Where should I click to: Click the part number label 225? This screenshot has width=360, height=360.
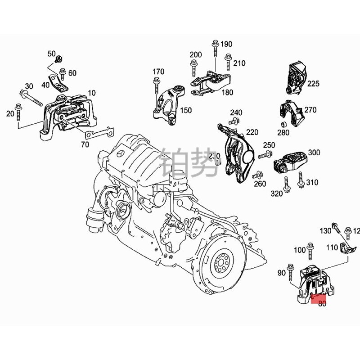coord(313,83)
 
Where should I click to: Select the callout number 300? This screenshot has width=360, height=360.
coord(314,153)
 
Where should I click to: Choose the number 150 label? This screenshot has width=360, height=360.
coord(186,110)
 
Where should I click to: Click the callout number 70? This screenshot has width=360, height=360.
coord(85,145)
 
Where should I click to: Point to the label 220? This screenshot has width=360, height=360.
coord(252,133)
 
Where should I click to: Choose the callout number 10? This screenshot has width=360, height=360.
coord(92,93)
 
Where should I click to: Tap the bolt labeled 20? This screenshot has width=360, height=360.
coord(18,112)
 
